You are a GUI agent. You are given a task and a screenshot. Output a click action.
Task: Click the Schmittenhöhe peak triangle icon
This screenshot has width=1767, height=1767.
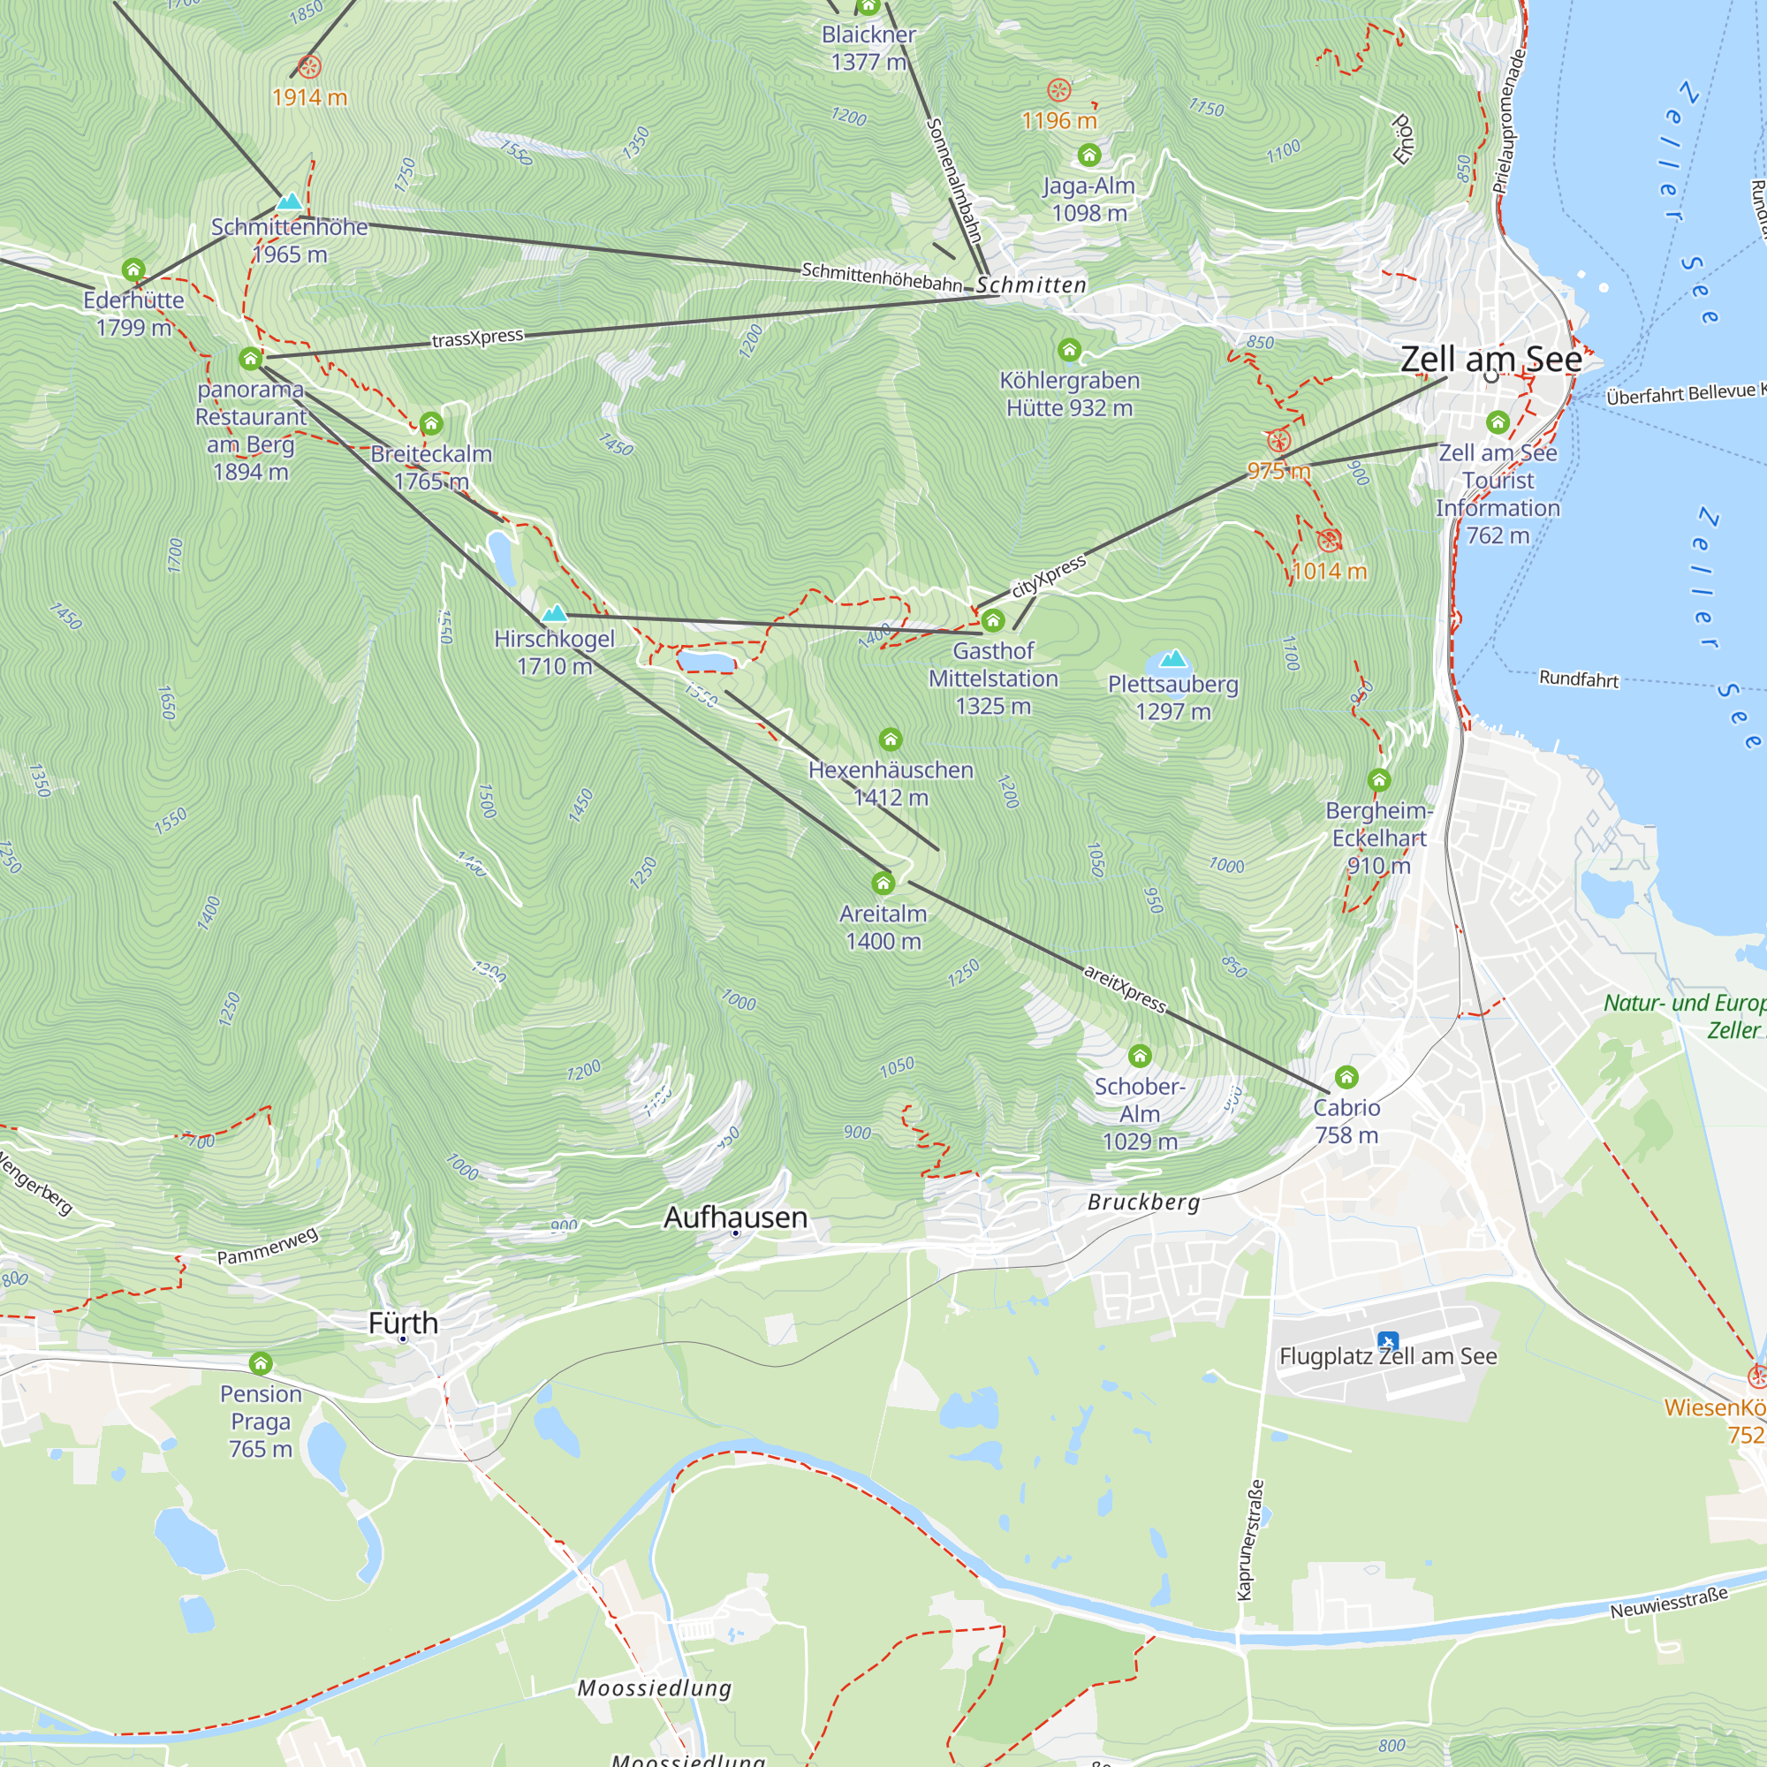289,201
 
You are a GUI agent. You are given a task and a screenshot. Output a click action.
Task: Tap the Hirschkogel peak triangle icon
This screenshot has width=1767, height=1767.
554,613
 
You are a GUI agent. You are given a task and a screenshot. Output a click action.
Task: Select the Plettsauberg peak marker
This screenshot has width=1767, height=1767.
1172,658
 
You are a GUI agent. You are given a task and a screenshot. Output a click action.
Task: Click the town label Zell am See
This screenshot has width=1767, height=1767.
1490,360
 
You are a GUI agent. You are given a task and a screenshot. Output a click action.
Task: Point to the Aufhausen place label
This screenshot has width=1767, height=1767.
735,1217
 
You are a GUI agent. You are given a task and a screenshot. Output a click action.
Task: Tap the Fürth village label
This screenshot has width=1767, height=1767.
404,1323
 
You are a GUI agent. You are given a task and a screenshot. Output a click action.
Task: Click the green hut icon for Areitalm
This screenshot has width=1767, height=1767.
883,883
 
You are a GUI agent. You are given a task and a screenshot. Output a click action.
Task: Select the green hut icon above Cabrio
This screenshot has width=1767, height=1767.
1346,1077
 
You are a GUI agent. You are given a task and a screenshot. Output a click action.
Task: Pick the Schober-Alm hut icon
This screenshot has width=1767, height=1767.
1140,1057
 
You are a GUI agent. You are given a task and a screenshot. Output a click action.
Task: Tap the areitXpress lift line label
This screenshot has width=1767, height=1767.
1125,989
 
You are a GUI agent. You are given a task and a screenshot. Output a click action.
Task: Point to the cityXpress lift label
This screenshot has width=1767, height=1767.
1049,576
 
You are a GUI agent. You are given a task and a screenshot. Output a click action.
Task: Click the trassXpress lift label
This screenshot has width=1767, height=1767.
477,338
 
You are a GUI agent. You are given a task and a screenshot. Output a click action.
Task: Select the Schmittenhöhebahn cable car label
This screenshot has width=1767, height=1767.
882,277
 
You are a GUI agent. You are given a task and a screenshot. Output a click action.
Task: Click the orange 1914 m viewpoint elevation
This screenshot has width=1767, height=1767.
309,97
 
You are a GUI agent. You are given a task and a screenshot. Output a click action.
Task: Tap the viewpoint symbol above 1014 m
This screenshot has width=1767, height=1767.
1329,540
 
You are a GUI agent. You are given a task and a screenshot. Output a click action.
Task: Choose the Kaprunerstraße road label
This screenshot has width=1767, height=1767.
1250,1539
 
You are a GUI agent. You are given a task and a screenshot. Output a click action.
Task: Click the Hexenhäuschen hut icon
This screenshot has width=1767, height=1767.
891,739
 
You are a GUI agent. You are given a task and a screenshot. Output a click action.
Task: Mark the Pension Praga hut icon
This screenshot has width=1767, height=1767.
261,1363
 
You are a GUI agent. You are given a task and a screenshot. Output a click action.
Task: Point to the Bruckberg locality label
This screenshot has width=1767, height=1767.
1143,1202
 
